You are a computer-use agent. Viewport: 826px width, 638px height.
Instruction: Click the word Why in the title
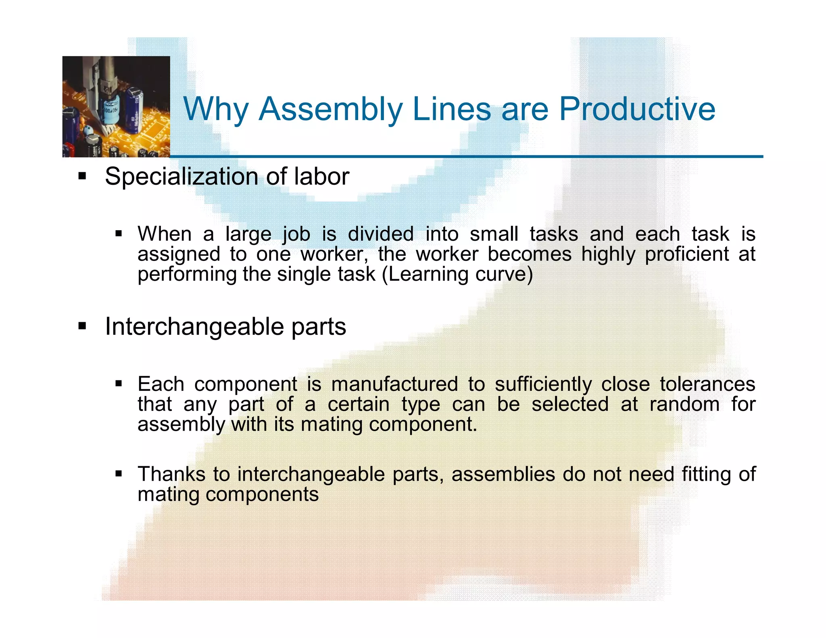click(x=216, y=110)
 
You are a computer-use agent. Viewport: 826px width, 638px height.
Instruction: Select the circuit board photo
click(x=116, y=106)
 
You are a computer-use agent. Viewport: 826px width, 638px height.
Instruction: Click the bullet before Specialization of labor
click(x=82, y=176)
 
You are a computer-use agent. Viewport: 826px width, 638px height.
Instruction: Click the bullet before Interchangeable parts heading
click(x=82, y=326)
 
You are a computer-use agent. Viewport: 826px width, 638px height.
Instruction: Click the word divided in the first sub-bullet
click(x=381, y=234)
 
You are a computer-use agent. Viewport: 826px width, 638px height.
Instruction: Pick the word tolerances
click(x=707, y=384)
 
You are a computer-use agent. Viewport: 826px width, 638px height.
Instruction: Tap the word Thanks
click(x=172, y=474)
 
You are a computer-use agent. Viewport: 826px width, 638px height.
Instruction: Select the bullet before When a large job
click(x=118, y=234)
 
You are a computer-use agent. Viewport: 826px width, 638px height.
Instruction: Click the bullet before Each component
click(x=118, y=384)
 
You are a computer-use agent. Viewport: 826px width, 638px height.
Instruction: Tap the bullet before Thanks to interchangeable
click(x=118, y=474)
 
